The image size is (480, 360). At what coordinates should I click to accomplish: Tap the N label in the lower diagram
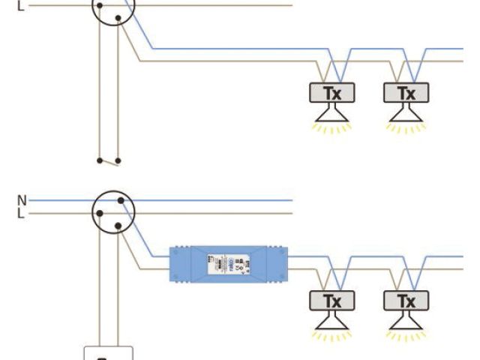tap(22, 200)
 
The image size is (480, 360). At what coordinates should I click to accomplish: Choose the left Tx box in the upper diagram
tap(332, 93)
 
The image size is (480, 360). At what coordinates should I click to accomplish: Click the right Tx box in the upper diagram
tap(405, 93)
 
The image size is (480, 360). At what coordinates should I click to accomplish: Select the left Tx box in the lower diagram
tap(332, 301)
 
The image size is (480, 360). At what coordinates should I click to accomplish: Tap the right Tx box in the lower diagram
tap(405, 301)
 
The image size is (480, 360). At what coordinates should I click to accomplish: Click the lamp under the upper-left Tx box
tap(332, 114)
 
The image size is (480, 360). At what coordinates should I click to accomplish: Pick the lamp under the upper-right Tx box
tap(405, 114)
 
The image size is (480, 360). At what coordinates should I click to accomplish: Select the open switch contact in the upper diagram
tap(109, 160)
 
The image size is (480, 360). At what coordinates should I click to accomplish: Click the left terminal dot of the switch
tap(99, 160)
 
